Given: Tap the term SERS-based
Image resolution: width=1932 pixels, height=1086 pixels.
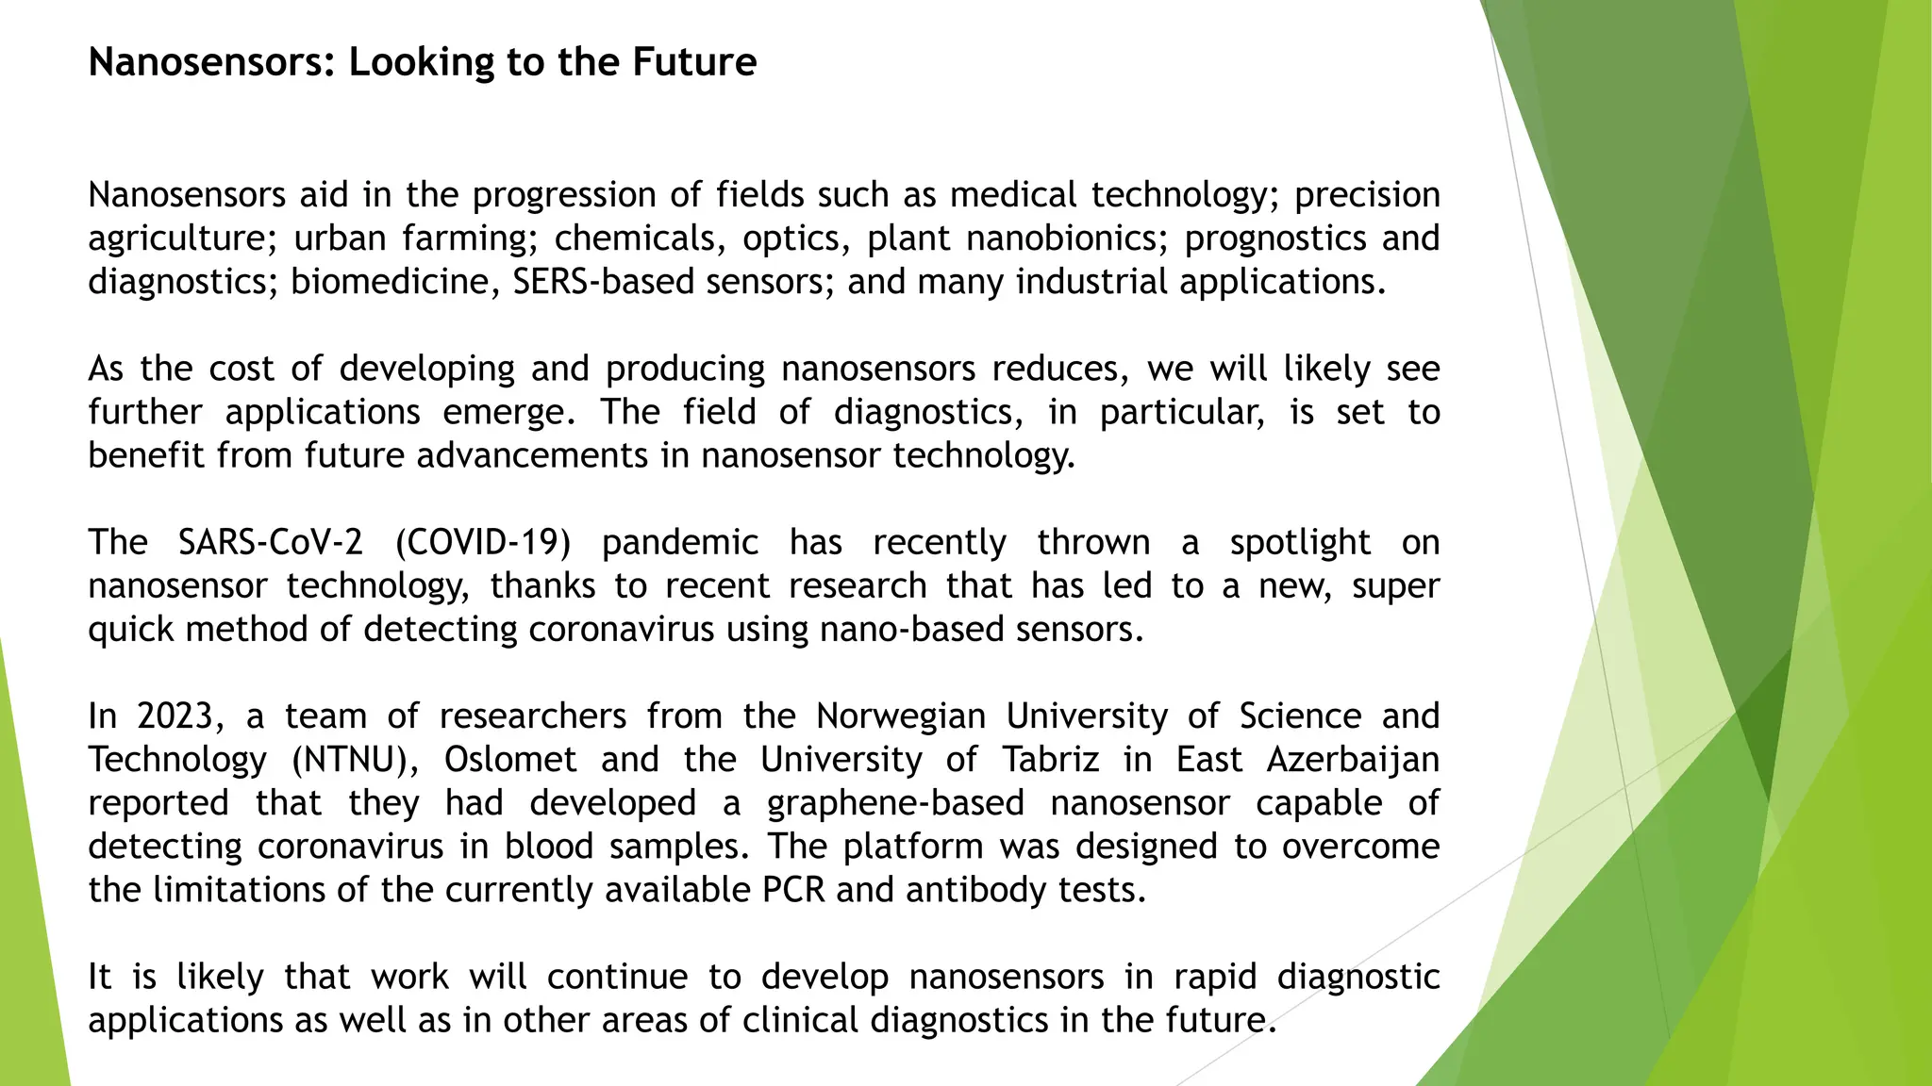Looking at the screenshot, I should tap(604, 282).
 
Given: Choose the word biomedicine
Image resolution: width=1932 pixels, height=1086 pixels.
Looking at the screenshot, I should tap(394, 282).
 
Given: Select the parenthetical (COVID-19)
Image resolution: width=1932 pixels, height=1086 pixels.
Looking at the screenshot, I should tap(483, 543).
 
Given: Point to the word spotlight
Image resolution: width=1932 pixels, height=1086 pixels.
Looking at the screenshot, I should tap(1300, 543).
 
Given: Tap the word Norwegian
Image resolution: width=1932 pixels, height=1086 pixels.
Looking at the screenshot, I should tap(901, 716).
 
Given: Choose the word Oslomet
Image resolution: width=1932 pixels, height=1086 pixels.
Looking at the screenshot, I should tap(510, 760).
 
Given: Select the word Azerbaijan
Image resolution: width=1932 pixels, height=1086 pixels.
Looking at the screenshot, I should tap(1353, 760).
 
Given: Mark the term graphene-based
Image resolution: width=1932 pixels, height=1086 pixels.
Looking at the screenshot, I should tap(895, 803).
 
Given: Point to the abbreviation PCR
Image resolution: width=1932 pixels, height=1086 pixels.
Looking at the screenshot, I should tap(793, 890).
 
